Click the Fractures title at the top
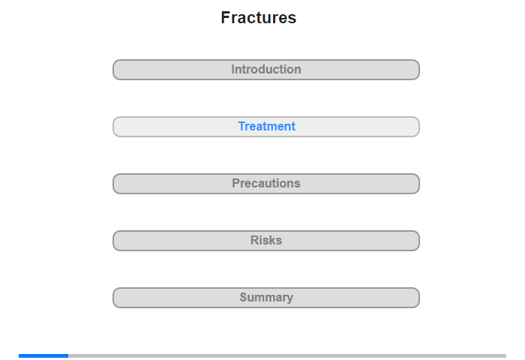click(259, 17)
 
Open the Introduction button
click(266, 70)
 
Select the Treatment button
click(266, 127)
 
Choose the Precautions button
click(266, 184)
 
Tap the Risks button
click(266, 241)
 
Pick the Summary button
click(266, 298)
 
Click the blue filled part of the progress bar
click(43, 355)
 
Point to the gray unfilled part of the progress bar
click(287, 355)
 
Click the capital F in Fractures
click(225, 17)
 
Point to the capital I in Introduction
click(233, 69)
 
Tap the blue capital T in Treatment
click(242, 126)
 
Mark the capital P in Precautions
click(236, 183)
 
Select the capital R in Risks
click(255, 240)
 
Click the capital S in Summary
click(244, 297)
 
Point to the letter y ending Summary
click(290, 298)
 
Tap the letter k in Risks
click(272, 240)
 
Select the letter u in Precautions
click(269, 184)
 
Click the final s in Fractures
click(292, 19)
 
